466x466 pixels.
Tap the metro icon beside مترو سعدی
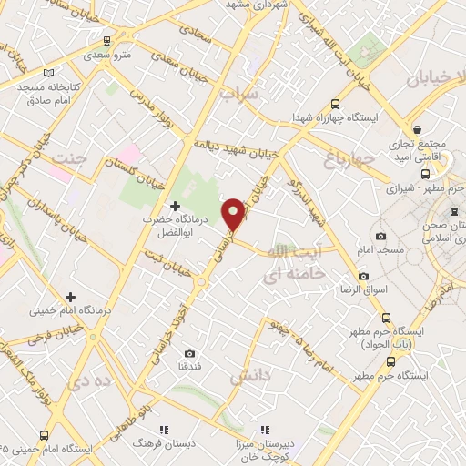pos(108,41)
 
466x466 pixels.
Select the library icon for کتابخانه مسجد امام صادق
pos(48,72)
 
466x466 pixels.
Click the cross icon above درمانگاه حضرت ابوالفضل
pos(175,207)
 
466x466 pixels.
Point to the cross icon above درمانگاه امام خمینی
pos(70,297)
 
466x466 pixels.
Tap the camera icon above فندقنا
pos(189,353)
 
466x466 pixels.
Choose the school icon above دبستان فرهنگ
pos(163,429)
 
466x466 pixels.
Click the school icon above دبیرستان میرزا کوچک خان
pos(266,429)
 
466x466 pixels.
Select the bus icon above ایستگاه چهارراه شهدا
pos(335,104)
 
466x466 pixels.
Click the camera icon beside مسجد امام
pos(363,248)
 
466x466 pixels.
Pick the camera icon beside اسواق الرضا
pos(363,276)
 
